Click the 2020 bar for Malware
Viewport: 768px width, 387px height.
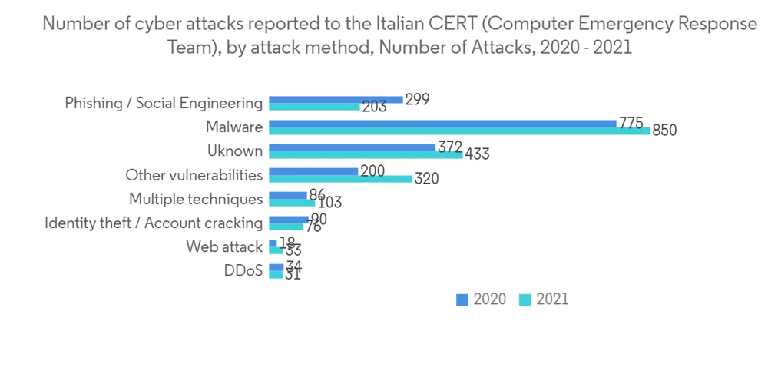tap(442, 123)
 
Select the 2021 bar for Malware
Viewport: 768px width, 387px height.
tap(459, 131)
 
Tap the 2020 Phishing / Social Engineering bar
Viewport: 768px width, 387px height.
tap(336, 99)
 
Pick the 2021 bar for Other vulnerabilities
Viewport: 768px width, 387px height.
tap(341, 179)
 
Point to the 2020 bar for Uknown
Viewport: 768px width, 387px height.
tap(353, 147)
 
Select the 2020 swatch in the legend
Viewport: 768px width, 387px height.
tap(462, 299)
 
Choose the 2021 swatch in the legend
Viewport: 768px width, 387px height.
tap(525, 299)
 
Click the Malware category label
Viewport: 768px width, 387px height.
tap(234, 127)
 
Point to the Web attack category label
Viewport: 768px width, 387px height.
tap(224, 246)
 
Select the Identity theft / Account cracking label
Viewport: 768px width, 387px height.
tap(154, 223)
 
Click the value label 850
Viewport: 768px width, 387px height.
tap(664, 131)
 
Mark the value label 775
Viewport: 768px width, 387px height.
tap(631, 122)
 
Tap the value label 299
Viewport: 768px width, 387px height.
tap(417, 99)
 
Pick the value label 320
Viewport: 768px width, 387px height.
tap(427, 179)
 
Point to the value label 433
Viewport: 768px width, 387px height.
tap(477, 154)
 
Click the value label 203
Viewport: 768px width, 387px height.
tap(374, 107)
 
